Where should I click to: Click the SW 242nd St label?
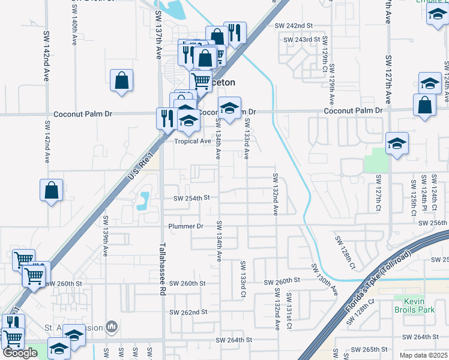(294, 26)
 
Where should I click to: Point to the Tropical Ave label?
(193, 142)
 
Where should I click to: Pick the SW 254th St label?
(191, 198)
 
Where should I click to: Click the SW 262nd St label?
(188, 313)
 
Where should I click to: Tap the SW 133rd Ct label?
(243, 280)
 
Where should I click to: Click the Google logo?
(20, 353)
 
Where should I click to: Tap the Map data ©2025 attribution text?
(423, 355)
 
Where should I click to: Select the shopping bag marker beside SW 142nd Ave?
(52, 190)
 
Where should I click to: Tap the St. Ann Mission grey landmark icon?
(112, 326)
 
